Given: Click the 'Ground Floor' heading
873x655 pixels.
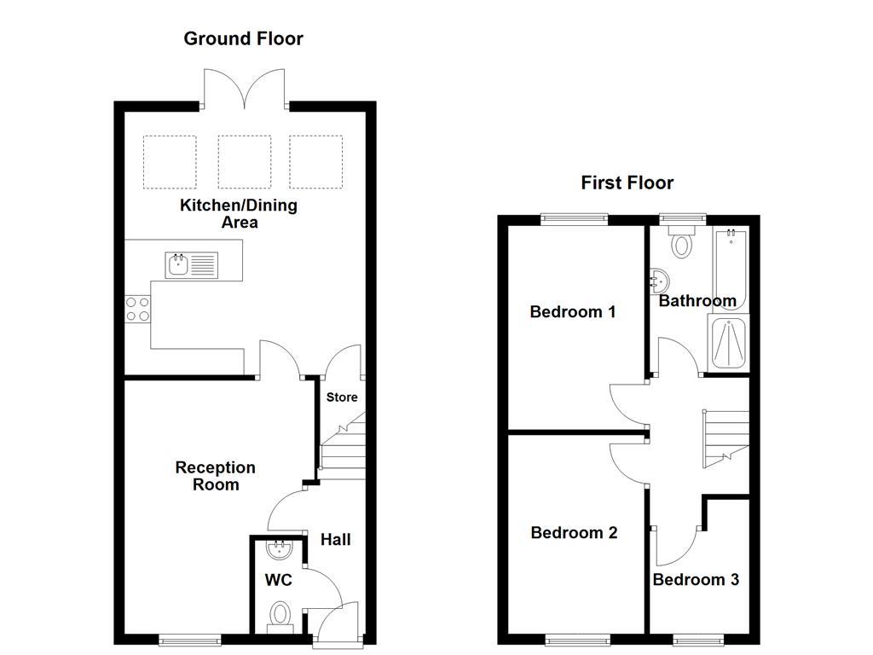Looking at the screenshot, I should click(243, 38).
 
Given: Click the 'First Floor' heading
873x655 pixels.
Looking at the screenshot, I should click(627, 183).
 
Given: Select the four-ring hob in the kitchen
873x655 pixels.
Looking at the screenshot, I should click(137, 309).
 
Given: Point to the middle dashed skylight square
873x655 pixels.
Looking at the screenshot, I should click(245, 161).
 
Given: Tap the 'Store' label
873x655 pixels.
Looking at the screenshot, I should click(342, 397).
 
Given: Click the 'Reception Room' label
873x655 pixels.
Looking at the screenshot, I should click(215, 476).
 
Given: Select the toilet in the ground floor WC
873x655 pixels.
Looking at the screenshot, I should click(280, 615).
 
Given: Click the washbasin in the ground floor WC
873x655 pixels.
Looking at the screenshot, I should click(280, 548).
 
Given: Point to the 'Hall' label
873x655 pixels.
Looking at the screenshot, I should click(335, 540).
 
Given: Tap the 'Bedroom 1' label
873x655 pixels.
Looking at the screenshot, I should click(572, 312).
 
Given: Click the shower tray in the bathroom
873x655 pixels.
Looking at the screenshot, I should click(727, 345).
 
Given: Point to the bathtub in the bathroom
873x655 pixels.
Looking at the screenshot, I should click(730, 269).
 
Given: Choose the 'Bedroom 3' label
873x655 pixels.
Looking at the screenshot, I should click(696, 580).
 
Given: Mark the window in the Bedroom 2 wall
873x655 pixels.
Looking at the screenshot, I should click(577, 638).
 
